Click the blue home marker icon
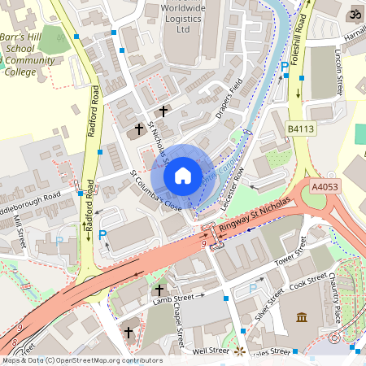click(183, 176)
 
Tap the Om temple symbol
click(354, 14)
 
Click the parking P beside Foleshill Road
click(284, 68)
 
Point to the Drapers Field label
click(230, 101)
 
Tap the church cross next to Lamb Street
click(159, 290)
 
